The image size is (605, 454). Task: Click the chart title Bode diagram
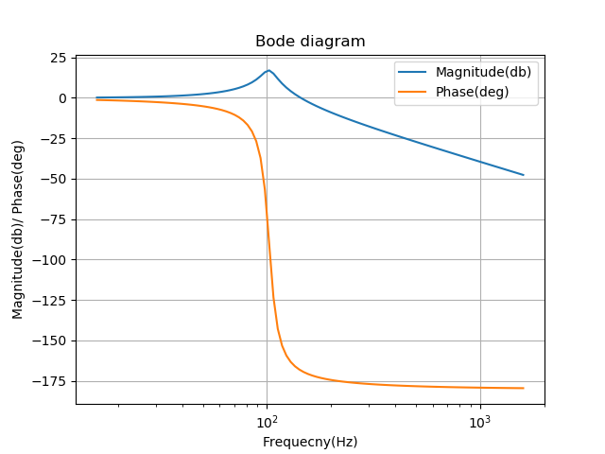[310, 42]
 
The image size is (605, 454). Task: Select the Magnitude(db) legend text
[483, 72]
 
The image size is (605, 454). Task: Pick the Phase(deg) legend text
[472, 92]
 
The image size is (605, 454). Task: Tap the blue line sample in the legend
[414, 72]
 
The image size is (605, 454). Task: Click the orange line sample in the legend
[414, 92]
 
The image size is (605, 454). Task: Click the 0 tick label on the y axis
[62, 98]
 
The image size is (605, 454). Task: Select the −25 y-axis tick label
[55, 139]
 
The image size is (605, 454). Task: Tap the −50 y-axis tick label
[55, 179]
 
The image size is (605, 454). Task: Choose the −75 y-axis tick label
[55, 219]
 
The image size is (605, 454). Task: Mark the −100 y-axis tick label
[51, 260]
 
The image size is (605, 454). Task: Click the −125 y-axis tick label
[51, 301]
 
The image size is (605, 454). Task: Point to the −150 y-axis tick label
[51, 340]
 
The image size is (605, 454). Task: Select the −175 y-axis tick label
[51, 381]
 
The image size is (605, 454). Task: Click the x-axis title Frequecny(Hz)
[310, 442]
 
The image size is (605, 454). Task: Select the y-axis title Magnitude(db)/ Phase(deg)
[18, 229]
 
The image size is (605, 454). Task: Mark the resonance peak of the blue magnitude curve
[268, 71]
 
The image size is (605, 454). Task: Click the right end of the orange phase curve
[523, 388]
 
